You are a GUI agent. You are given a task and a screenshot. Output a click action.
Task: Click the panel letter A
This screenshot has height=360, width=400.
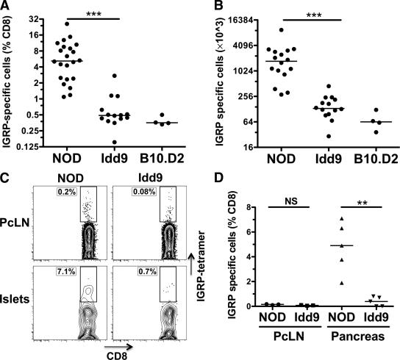click(x=6, y=7)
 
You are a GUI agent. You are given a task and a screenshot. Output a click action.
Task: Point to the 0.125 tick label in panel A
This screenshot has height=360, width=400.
click(x=34, y=148)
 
